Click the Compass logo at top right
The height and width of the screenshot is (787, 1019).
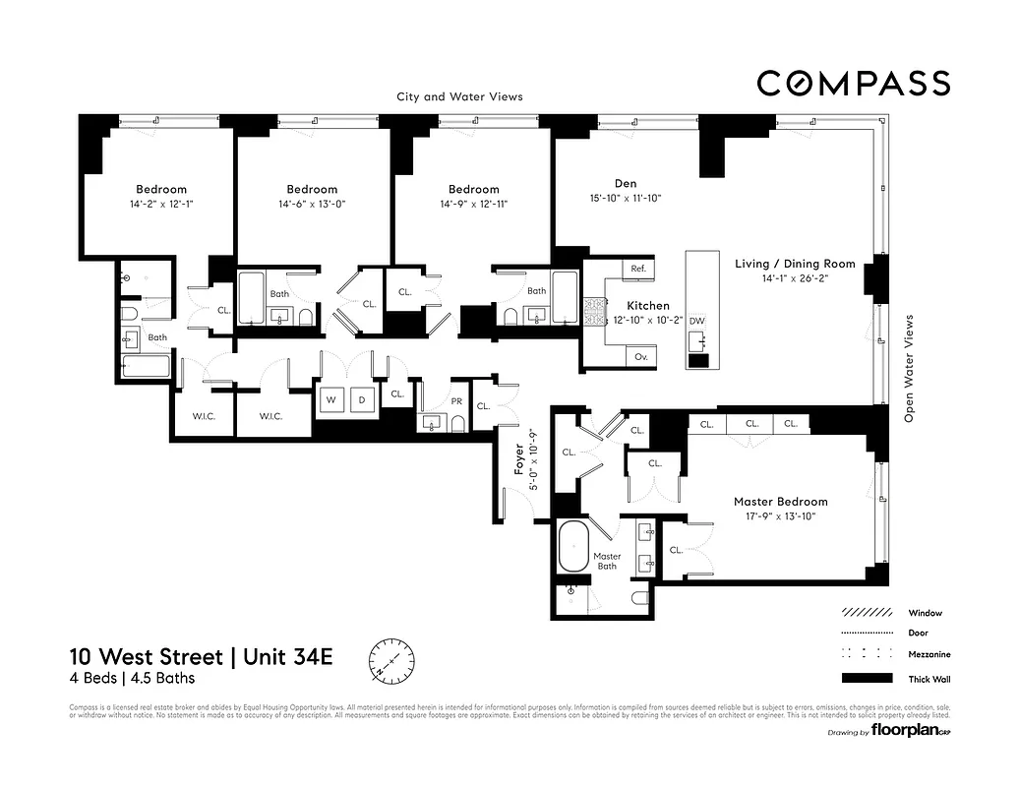[x=853, y=84]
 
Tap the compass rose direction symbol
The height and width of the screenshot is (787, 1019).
[x=391, y=659]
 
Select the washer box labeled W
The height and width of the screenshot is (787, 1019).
[x=331, y=399]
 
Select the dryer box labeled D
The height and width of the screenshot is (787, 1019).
[x=361, y=399]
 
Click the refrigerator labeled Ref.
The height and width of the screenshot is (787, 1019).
[x=637, y=268]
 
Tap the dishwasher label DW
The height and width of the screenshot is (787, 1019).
[x=696, y=322]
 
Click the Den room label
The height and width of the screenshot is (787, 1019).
[x=626, y=182]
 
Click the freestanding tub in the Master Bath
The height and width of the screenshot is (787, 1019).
[x=573, y=547]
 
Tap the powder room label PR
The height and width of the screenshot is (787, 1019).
[x=455, y=401]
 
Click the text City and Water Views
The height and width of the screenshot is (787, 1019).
[x=459, y=96]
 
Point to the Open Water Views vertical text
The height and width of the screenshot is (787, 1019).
[x=908, y=369]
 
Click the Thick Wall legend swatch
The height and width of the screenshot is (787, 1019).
[x=867, y=678]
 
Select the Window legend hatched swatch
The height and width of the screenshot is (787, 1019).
[x=867, y=612]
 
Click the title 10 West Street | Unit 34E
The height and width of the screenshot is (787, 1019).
[x=202, y=656]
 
